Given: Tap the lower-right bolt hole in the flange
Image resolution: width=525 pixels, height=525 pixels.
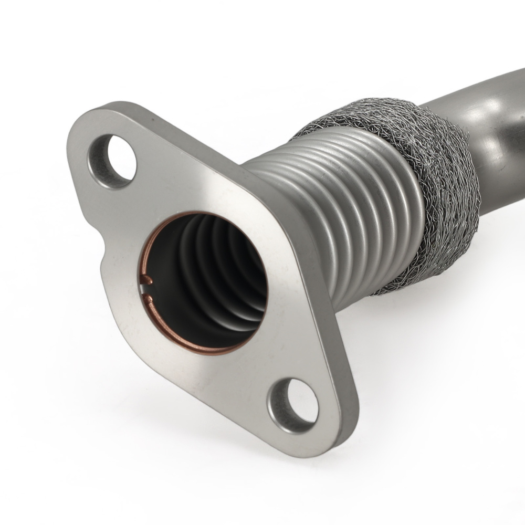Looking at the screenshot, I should [x=297, y=401].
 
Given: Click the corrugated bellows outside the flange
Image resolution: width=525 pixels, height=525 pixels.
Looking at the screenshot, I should [x=336, y=210].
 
